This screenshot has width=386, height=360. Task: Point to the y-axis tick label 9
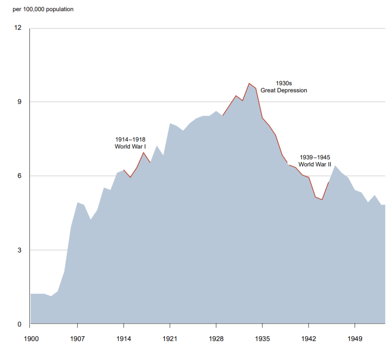point(20,102)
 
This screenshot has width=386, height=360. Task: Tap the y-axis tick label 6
point(20,176)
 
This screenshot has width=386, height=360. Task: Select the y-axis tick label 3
point(20,250)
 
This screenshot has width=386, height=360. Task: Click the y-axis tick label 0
point(20,324)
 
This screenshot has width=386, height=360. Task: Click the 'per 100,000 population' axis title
point(43,9)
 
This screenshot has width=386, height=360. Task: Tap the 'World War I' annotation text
point(130,146)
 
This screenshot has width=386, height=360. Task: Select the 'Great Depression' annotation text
point(284,91)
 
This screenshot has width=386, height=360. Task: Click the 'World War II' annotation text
point(315,164)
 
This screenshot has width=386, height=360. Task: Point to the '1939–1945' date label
point(315,157)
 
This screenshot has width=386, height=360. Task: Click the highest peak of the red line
point(249,83)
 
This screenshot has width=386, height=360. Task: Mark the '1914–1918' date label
point(130,140)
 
